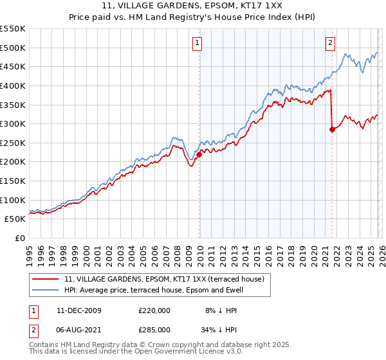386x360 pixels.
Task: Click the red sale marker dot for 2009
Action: click(199, 154)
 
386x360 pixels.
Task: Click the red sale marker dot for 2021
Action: click(333, 129)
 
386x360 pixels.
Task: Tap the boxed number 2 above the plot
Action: click(330, 43)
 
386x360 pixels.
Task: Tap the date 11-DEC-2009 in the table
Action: click(78, 310)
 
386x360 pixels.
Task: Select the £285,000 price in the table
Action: click(154, 328)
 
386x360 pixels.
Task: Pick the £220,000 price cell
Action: click(154, 310)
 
